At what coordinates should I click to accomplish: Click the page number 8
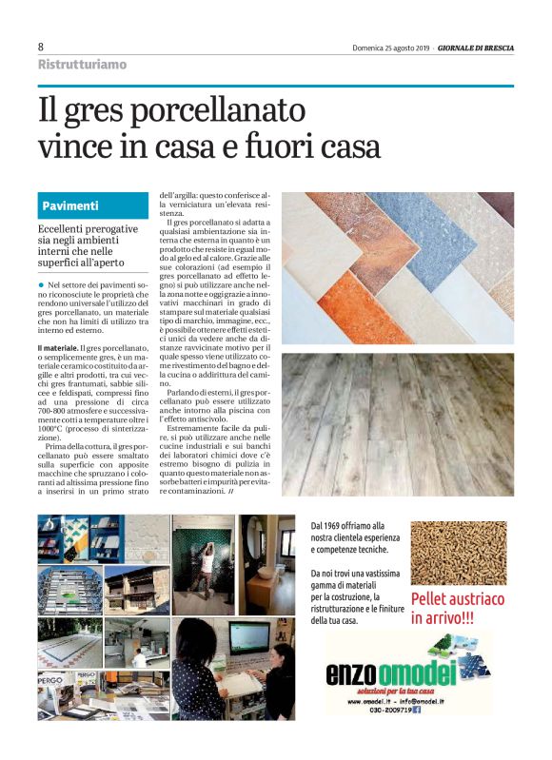[x=41, y=47]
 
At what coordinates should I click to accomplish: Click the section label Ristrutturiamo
[x=82, y=65]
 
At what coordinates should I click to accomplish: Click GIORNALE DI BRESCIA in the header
[x=476, y=48]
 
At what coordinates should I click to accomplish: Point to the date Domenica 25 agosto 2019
[x=390, y=48]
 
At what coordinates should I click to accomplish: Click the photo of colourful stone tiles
[x=398, y=267]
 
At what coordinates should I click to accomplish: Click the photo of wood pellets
[x=459, y=553]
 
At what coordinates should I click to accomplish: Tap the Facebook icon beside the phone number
[x=444, y=709]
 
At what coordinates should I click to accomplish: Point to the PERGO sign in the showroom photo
[x=51, y=683]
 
